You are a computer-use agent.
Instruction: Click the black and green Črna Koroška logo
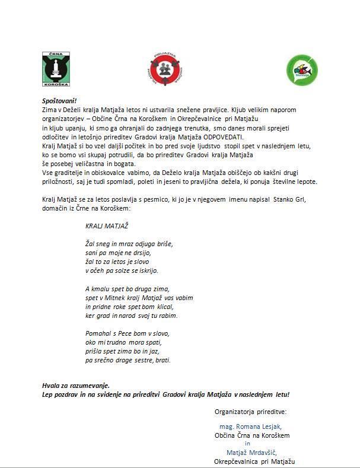(x=56, y=68)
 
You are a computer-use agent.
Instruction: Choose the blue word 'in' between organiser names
(x=248, y=444)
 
